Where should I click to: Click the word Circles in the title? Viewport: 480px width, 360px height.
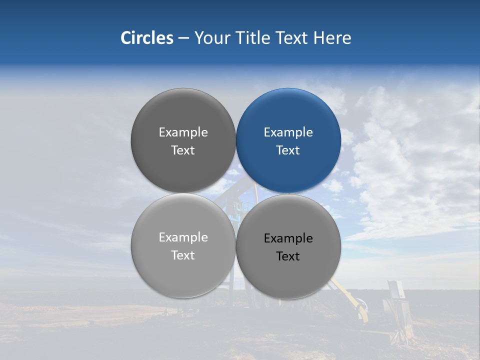point(146,38)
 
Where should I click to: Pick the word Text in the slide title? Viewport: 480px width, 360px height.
point(292,38)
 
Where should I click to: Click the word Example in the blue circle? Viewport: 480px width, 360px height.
point(288,132)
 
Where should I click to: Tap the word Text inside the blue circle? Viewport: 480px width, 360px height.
point(288,150)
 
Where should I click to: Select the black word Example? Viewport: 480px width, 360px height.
point(288,238)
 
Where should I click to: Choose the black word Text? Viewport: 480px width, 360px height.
point(288,256)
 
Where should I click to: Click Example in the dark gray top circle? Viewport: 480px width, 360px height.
point(183,132)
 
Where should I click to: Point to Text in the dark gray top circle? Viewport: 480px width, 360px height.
point(183,150)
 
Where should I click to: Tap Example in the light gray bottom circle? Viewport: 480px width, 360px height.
point(183,237)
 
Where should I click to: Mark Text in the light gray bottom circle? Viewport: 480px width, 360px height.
point(183,255)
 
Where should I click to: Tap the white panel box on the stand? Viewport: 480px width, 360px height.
point(395,290)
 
